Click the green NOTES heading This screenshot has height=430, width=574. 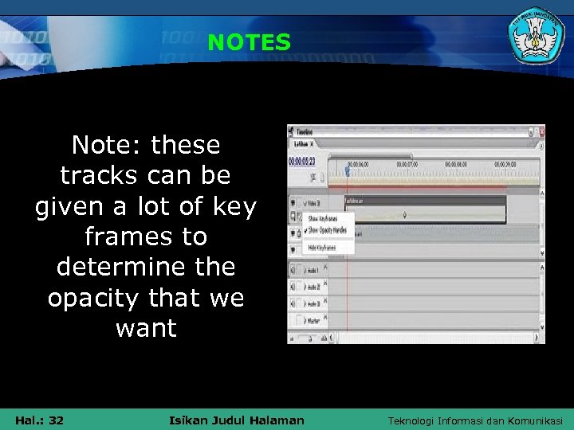click(x=249, y=42)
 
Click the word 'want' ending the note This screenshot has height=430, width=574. click(x=146, y=328)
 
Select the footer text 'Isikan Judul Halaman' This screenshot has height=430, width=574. click(x=237, y=420)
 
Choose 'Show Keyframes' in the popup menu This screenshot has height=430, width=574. click(x=322, y=217)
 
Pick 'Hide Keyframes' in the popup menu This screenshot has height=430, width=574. click(x=321, y=248)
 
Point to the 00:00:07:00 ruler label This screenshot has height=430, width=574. click(x=407, y=163)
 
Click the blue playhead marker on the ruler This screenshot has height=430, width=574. click(x=347, y=169)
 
